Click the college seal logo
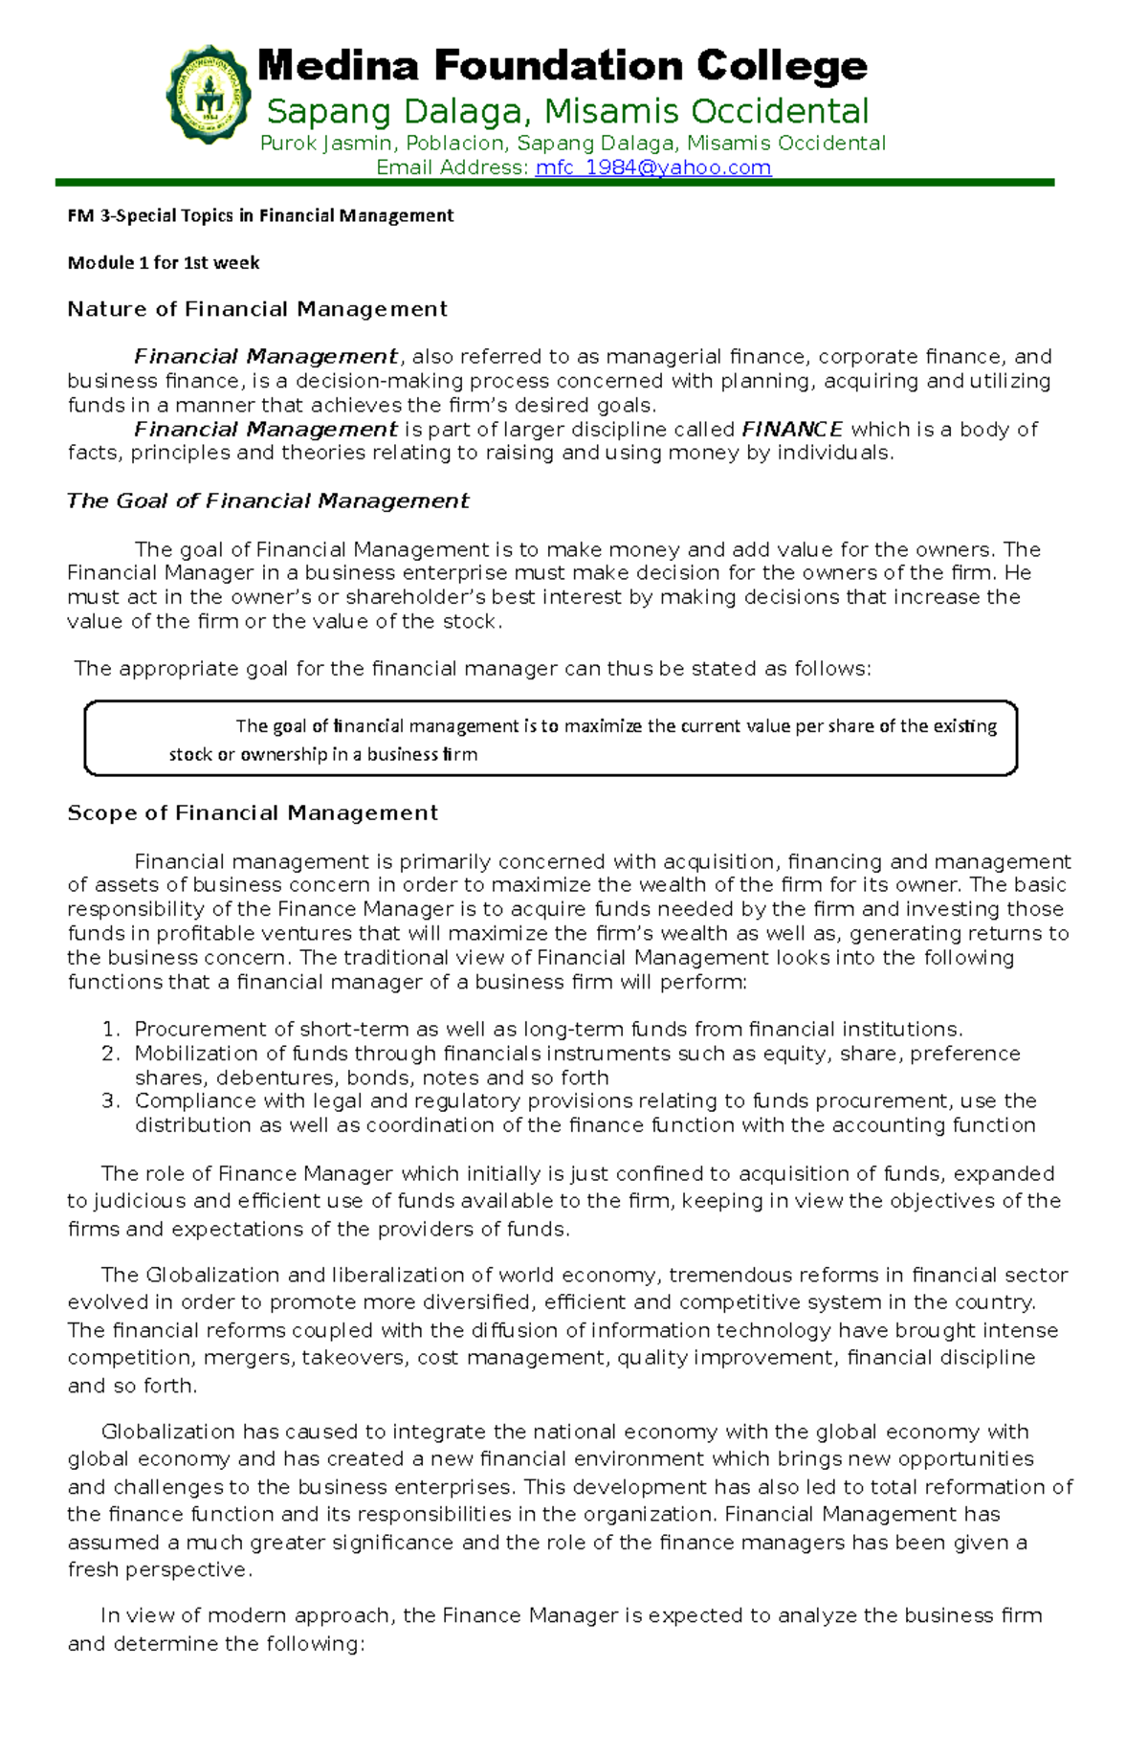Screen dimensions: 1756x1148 [209, 94]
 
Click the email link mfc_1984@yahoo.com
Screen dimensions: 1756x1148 [652, 168]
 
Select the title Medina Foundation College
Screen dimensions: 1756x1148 [563, 66]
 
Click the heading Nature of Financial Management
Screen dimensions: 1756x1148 [256, 309]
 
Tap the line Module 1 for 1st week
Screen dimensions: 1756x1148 [163, 262]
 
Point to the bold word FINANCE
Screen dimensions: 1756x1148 [792, 430]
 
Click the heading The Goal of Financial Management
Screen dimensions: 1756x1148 [268, 501]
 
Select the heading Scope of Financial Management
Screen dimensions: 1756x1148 [253, 813]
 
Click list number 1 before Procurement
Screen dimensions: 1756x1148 [110, 1030]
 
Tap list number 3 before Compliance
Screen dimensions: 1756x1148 [110, 1101]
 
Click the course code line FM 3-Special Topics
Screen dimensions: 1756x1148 [260, 215]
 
